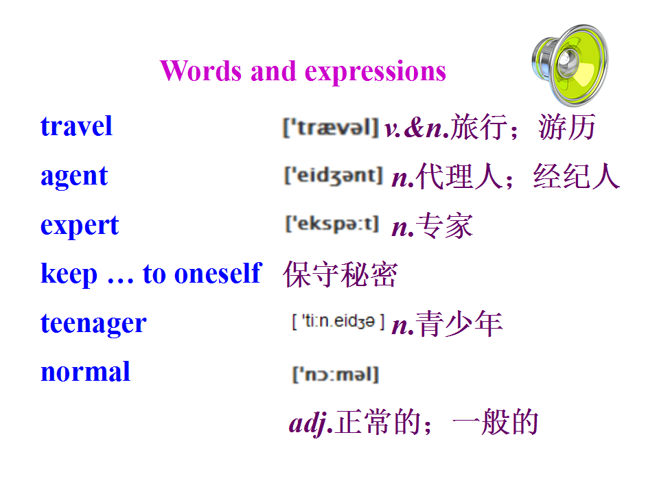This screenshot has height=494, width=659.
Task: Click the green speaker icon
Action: tap(570, 64)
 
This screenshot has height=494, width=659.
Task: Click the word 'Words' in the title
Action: tap(201, 71)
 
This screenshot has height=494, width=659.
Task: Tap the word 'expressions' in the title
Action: tap(375, 72)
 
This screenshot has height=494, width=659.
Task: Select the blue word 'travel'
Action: tap(76, 126)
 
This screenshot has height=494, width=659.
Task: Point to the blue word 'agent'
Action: tap(74, 177)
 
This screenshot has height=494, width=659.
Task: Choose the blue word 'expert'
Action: tap(80, 226)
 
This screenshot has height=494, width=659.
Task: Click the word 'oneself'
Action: tap(218, 274)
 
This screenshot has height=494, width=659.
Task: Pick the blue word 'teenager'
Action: tap(93, 325)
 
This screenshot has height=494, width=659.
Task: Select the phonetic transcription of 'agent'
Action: tap(334, 176)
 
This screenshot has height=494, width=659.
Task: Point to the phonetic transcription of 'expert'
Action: tap(332, 224)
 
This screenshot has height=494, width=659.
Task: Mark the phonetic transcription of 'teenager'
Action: tap(338, 322)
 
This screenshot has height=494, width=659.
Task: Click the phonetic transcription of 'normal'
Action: tap(336, 375)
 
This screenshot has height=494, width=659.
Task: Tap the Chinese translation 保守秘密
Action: tap(340, 274)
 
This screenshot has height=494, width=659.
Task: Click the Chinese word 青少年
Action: tap(459, 324)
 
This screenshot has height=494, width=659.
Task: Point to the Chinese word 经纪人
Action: tap(576, 176)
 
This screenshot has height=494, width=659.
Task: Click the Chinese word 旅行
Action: tap(478, 127)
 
